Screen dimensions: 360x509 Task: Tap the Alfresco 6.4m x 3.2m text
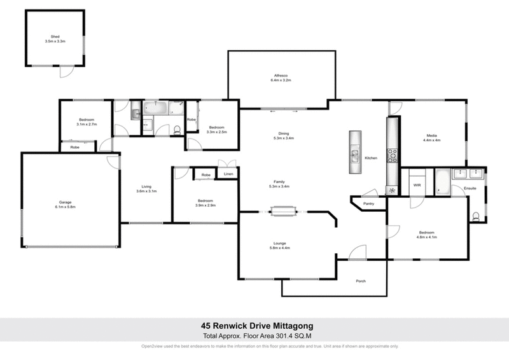tap(280, 80)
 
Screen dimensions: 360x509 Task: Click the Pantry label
tap(367, 204)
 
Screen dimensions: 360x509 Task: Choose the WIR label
tap(417, 185)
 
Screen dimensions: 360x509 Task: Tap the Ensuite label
tap(470, 188)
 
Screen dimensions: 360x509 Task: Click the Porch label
tap(362, 282)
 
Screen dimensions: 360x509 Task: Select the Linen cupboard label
tap(228, 174)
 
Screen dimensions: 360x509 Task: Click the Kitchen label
tap(371, 157)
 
